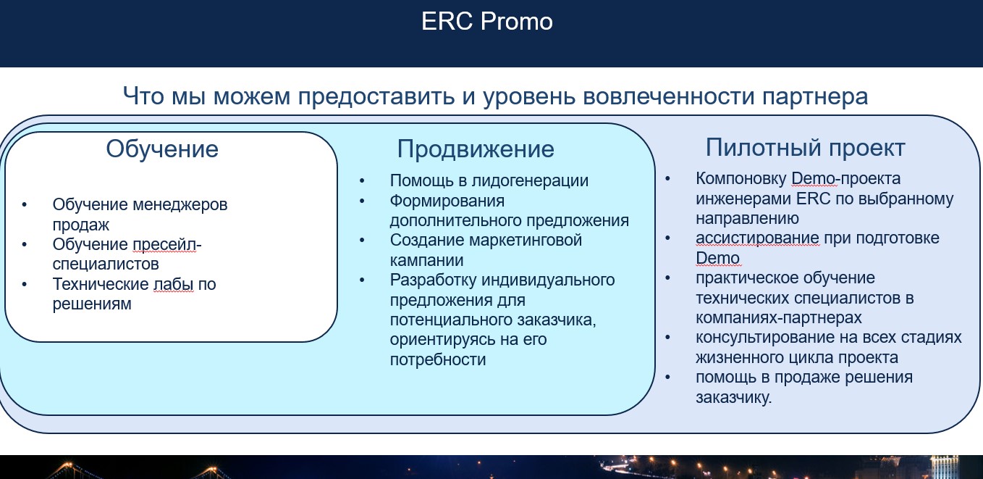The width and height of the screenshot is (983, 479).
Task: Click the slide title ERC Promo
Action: [x=486, y=21]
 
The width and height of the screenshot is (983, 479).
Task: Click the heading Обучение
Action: [x=162, y=149]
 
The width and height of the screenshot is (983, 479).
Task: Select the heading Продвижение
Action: [x=476, y=149]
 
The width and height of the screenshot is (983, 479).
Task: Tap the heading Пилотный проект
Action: [x=805, y=147]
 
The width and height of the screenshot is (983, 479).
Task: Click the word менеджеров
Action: [x=180, y=204]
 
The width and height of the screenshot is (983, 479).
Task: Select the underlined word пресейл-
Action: [x=166, y=244]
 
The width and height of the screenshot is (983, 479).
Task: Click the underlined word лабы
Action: [x=173, y=284]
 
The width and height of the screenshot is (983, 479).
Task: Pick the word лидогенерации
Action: [x=530, y=180]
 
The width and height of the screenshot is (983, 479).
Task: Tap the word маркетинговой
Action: [x=526, y=240]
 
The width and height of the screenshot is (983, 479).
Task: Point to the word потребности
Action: [x=438, y=359]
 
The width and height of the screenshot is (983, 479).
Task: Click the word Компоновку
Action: [x=741, y=178]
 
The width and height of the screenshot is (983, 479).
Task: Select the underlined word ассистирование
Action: [x=757, y=238]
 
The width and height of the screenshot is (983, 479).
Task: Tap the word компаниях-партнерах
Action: [x=779, y=317]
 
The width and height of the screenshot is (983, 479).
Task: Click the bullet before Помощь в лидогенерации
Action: [x=362, y=180]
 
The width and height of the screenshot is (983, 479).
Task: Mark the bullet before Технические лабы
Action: [x=24, y=284]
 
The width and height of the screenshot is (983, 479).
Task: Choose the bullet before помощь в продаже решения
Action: [x=668, y=377]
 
